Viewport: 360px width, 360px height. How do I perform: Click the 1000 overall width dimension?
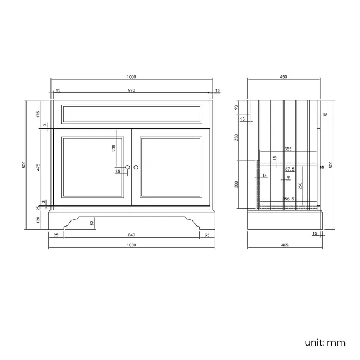point(131,77)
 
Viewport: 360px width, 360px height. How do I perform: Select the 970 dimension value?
point(131,90)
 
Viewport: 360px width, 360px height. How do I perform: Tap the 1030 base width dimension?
point(131,245)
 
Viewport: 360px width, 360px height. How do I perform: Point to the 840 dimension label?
point(131,235)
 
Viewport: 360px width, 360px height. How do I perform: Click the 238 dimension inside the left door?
point(114,148)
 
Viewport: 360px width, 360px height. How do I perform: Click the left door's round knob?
point(127,167)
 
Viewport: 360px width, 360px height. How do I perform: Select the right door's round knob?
point(136,167)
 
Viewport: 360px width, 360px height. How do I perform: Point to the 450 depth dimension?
point(283,77)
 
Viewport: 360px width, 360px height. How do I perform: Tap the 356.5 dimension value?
point(287,198)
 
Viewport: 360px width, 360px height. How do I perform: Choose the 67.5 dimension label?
point(289,169)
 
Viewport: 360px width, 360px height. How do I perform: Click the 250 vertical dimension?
point(300,185)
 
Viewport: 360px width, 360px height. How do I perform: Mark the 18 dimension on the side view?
point(325,115)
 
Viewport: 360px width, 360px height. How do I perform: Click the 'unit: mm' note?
point(325,342)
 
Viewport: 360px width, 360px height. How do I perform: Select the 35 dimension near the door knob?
point(117,172)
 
